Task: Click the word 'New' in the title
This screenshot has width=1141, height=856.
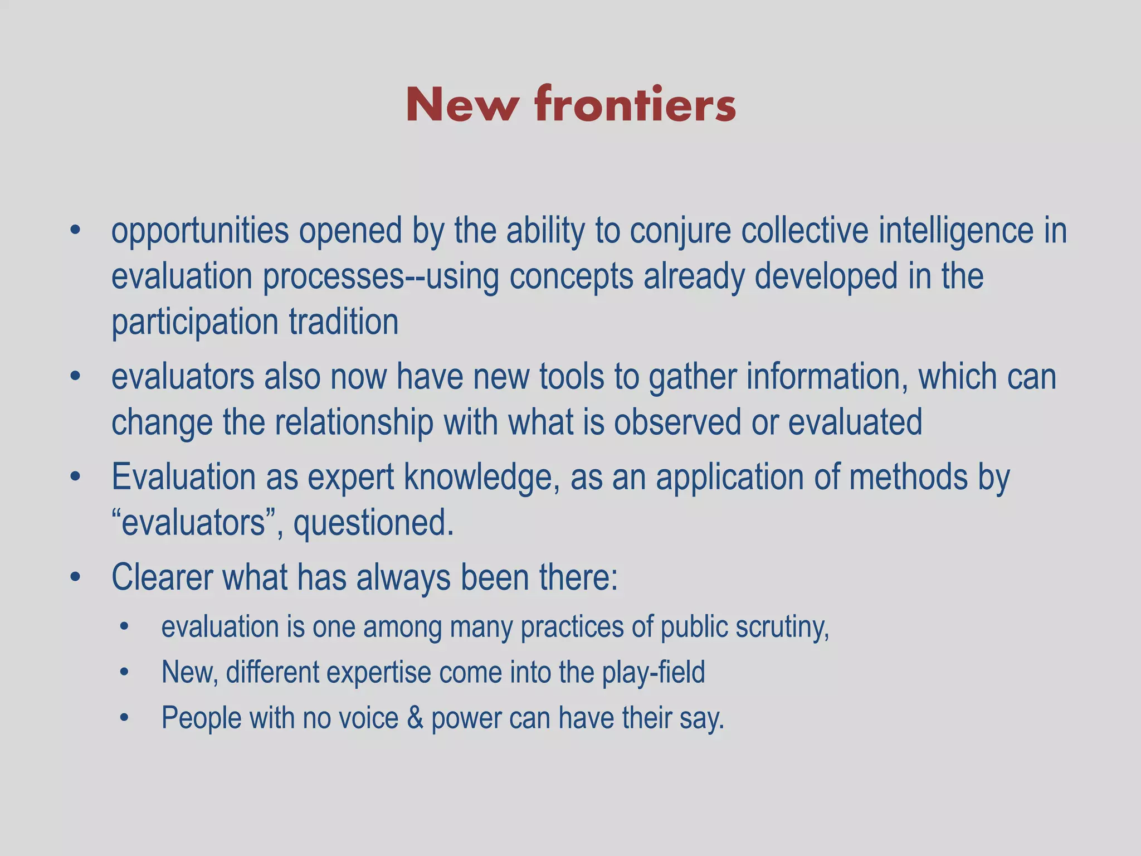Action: pyautogui.click(x=461, y=105)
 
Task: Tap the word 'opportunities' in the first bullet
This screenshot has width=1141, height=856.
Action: pyautogui.click(x=200, y=232)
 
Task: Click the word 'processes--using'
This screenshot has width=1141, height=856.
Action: pyautogui.click(x=381, y=278)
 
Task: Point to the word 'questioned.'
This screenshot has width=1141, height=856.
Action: pyautogui.click(x=373, y=523)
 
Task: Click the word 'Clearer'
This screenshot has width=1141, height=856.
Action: pyautogui.click(x=162, y=578)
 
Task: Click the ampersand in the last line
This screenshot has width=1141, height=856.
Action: pyautogui.click(x=415, y=718)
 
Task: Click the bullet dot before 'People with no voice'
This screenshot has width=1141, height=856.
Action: pyautogui.click(x=124, y=718)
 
